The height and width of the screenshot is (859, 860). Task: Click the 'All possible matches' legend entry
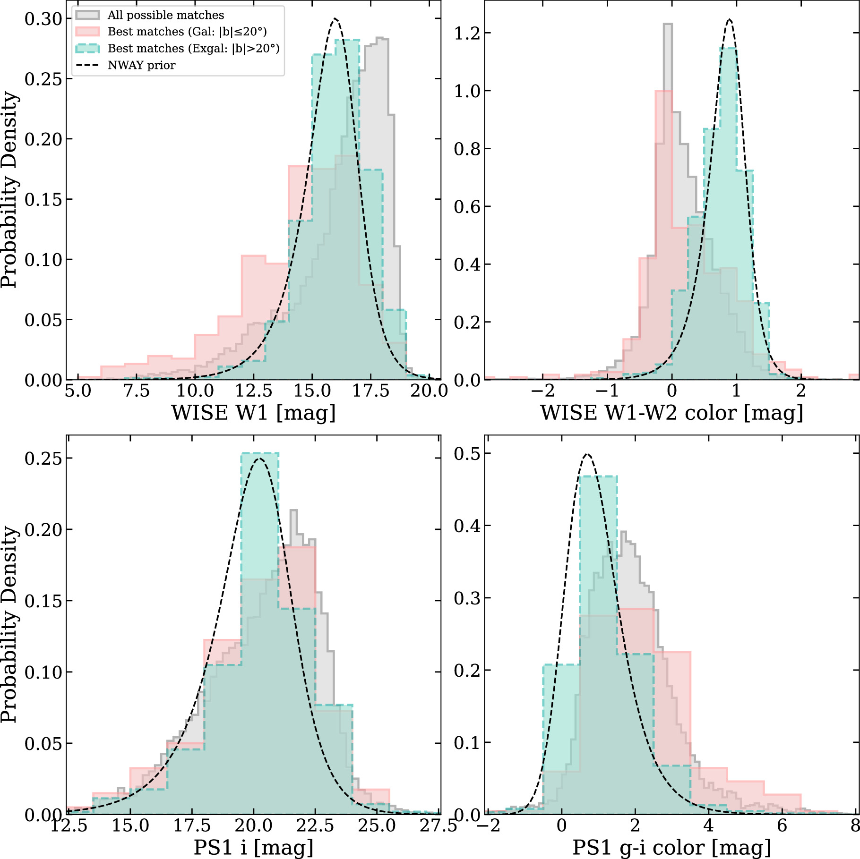pyautogui.click(x=165, y=15)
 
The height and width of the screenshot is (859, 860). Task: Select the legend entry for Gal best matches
pyautogui.click(x=187, y=32)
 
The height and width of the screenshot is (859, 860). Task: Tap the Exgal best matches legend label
pyautogui.click(x=193, y=49)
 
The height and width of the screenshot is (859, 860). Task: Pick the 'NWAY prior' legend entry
pyautogui.click(x=141, y=65)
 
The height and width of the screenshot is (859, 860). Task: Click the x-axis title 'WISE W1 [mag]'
pyautogui.click(x=253, y=413)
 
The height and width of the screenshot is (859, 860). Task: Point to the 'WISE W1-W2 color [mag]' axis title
pyautogui.click(x=671, y=413)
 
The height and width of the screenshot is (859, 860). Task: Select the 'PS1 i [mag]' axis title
pyautogui.click(x=253, y=847)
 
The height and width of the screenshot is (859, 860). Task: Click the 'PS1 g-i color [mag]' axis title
pyautogui.click(x=671, y=847)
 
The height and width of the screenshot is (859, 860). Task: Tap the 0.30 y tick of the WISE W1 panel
pyautogui.click(x=43, y=19)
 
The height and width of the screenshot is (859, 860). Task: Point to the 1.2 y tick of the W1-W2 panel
pyautogui.click(x=467, y=33)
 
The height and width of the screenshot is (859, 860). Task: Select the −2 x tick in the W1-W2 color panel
pyautogui.click(x=542, y=391)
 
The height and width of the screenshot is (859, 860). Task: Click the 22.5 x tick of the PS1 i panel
pyautogui.click(x=315, y=825)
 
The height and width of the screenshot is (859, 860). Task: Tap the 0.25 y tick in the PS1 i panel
pyautogui.click(x=43, y=458)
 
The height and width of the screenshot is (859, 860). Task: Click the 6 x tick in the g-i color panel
pyautogui.click(x=782, y=825)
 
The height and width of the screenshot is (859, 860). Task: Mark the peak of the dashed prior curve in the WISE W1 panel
pyautogui.click(x=335, y=19)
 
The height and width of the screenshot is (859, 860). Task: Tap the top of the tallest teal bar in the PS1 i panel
pyautogui.click(x=259, y=453)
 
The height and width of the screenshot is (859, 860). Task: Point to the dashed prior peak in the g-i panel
pyautogui.click(x=587, y=454)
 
